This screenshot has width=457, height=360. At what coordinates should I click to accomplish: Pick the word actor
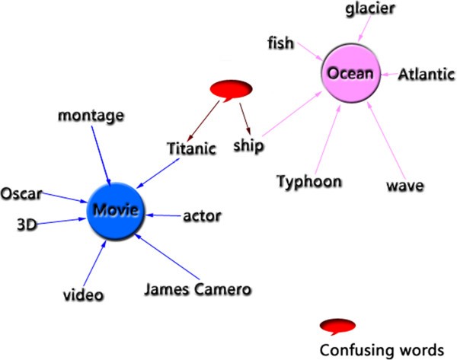coord(202,216)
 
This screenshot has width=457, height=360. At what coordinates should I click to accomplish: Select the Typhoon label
coord(308,182)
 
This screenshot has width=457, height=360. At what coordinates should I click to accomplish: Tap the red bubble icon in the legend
coord(338,327)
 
